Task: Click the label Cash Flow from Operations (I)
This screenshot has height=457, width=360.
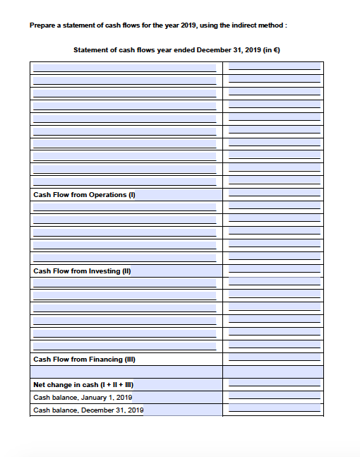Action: [x=84, y=194]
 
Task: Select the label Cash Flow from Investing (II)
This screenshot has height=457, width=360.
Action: [x=83, y=271]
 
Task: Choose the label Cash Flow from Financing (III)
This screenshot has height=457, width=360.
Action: [x=84, y=359]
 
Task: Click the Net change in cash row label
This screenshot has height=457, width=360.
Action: [x=83, y=385]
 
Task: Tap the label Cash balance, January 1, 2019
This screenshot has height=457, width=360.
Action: [x=83, y=397]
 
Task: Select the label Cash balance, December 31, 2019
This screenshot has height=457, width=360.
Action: [x=88, y=410]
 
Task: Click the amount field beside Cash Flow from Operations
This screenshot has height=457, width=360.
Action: [x=274, y=194]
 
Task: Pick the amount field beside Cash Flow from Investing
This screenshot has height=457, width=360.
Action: [x=274, y=271]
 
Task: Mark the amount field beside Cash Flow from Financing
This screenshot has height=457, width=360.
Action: [x=274, y=359]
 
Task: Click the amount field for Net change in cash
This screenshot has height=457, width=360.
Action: [x=274, y=385]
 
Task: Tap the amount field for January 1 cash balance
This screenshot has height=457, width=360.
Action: [x=274, y=397]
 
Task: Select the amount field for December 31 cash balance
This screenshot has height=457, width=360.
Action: [x=274, y=410]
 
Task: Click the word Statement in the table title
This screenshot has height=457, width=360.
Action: [x=91, y=50]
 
